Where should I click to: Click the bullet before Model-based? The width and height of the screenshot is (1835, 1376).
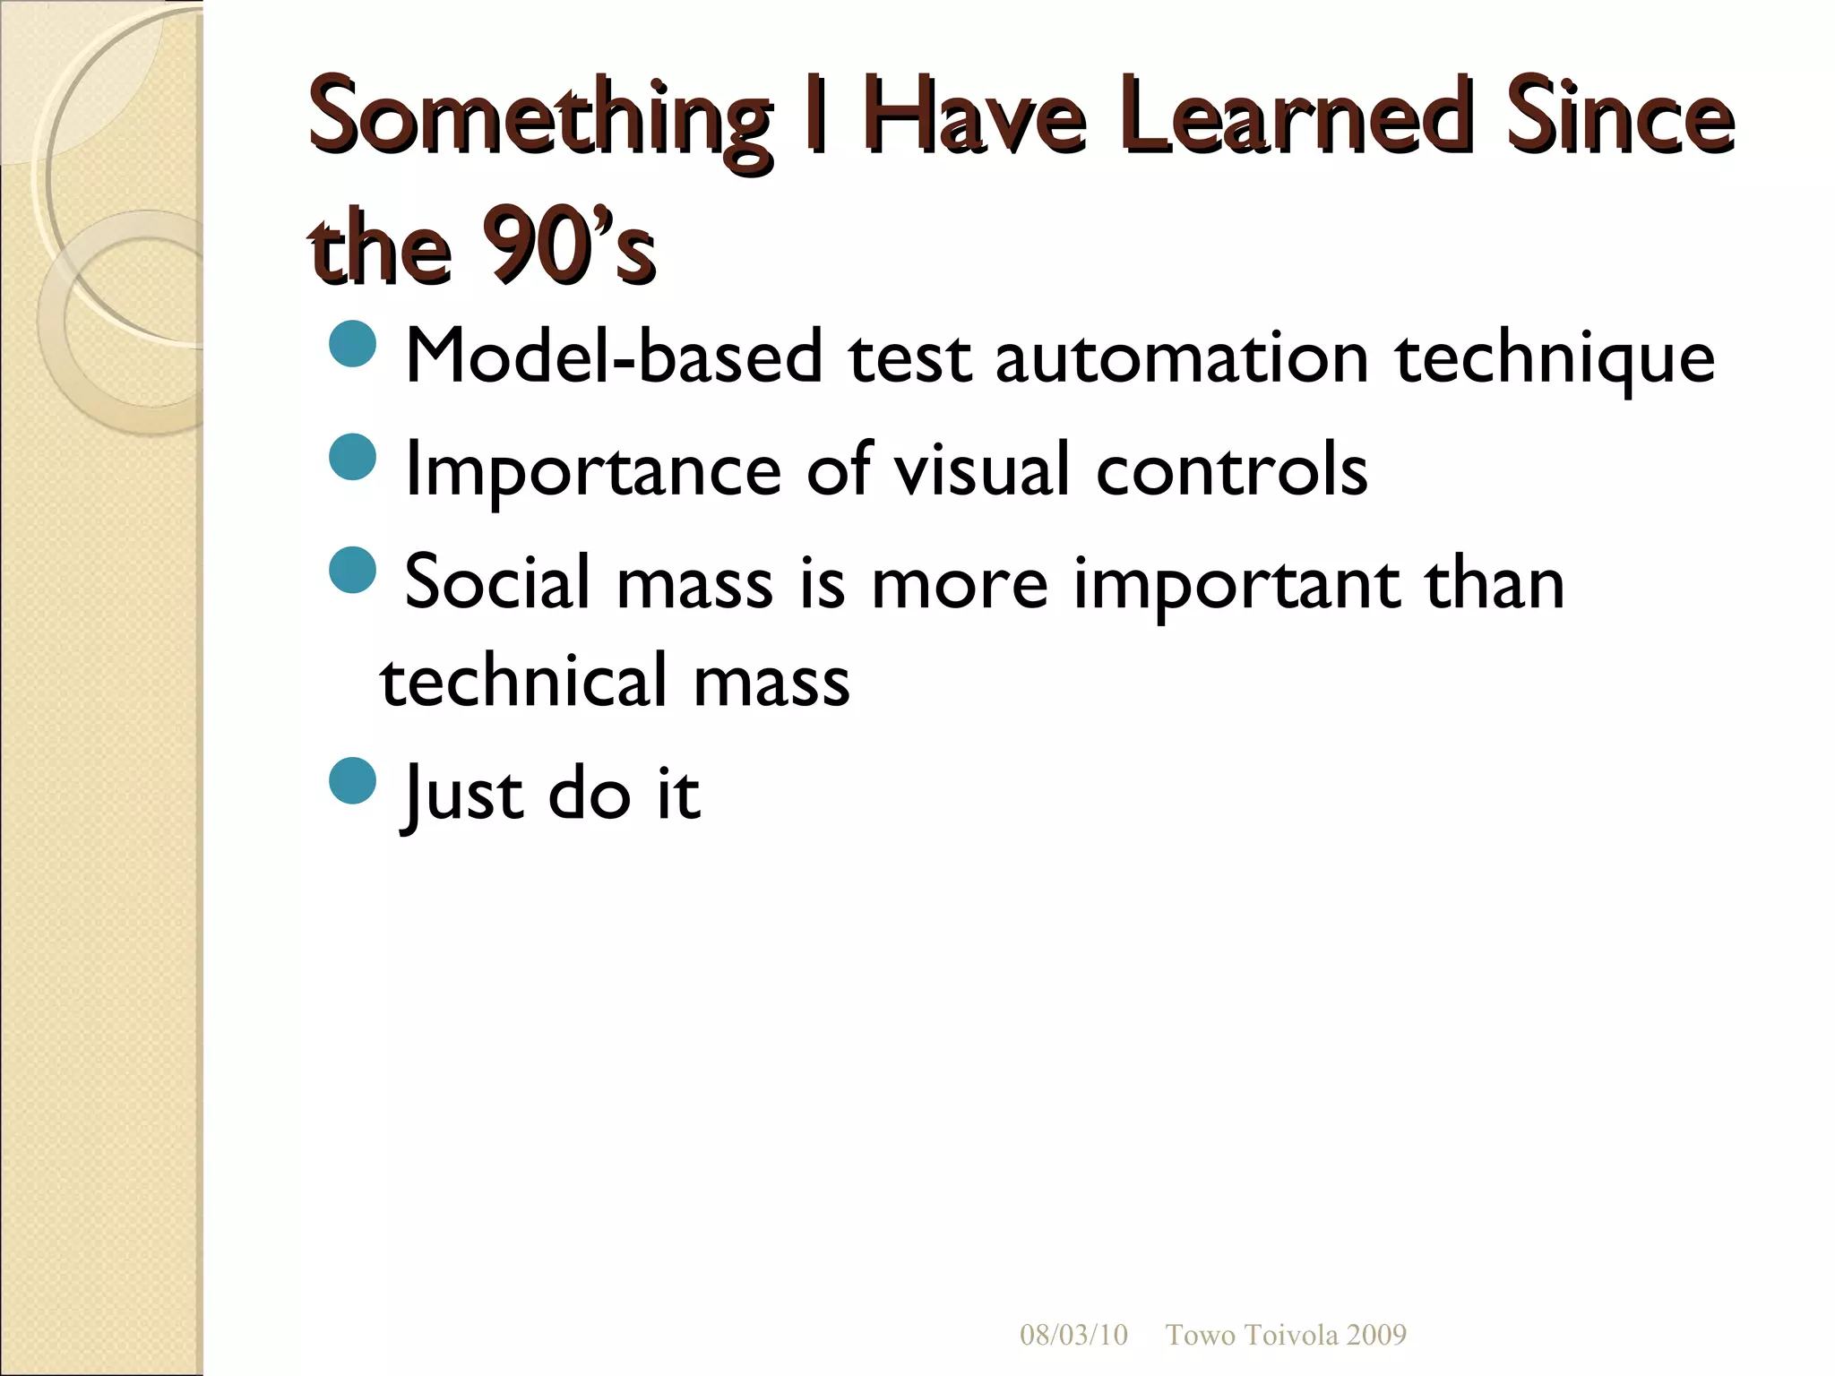tap(352, 343)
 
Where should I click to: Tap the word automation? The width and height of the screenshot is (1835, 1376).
tap(1182, 357)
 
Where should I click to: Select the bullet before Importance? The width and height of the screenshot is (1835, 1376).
tap(352, 457)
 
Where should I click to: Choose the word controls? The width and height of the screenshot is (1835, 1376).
tap(1232, 469)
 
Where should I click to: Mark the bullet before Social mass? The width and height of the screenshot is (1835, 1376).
tap(352, 570)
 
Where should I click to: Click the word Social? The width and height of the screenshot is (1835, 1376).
tap(497, 582)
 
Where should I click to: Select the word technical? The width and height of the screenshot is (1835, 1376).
tap(523, 680)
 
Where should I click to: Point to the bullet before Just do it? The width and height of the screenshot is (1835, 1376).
tap(352, 780)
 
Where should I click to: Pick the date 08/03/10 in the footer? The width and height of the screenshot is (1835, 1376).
tap(1073, 1335)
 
